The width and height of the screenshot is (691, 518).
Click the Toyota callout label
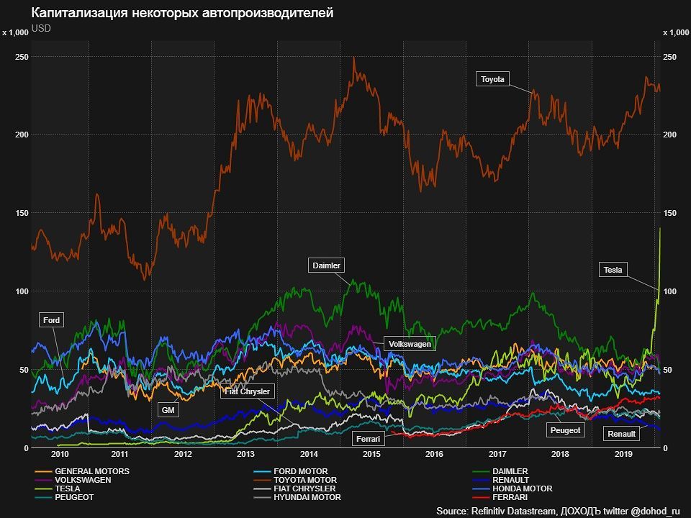[x=493, y=79]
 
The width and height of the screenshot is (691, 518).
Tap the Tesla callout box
[x=613, y=270]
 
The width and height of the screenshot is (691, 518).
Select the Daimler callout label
[x=327, y=265]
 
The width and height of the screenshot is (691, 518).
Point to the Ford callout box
[x=52, y=320]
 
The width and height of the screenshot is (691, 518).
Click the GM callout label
[x=168, y=410]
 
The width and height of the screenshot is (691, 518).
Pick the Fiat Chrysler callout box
[x=247, y=391]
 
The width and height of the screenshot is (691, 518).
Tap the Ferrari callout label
[x=367, y=437]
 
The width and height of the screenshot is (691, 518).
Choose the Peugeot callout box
[x=565, y=430]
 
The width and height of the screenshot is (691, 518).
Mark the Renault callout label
[x=621, y=434]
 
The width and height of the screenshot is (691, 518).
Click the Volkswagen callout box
[x=410, y=345]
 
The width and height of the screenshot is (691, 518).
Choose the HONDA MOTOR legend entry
[x=523, y=489]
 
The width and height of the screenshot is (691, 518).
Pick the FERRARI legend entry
[x=510, y=497]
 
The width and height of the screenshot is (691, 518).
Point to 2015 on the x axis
[x=371, y=455]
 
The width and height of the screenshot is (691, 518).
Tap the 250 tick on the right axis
[x=669, y=57]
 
